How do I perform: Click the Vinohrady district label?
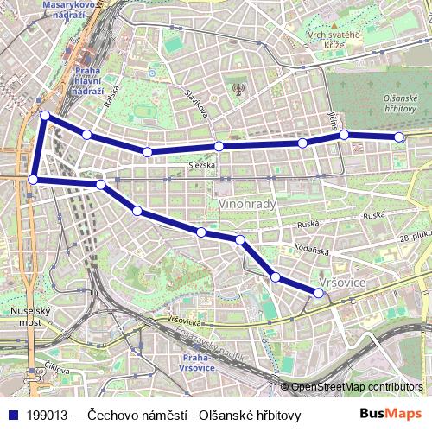click(248, 205)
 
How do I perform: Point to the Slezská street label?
click(202, 164)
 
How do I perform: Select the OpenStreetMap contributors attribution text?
click(357, 386)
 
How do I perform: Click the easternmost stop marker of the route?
click(398, 137)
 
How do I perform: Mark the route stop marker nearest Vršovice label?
click(318, 293)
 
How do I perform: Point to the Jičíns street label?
click(333, 119)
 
